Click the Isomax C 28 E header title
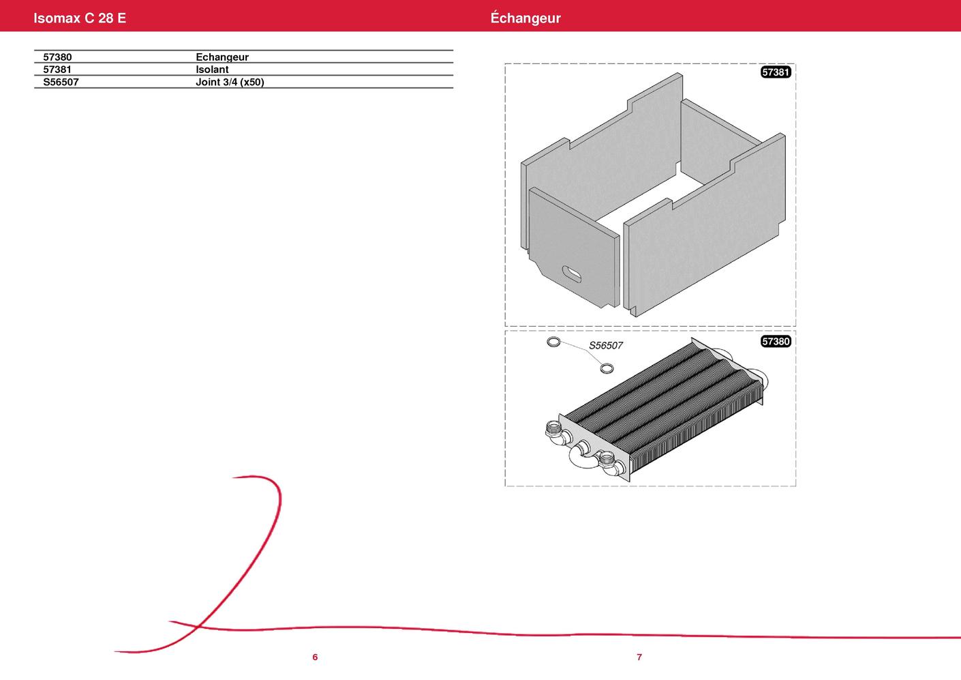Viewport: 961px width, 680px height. click(x=80, y=18)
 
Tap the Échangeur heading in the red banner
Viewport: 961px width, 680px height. click(x=525, y=18)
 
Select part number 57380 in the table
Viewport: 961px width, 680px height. click(x=57, y=57)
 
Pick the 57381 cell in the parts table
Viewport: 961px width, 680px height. click(x=57, y=70)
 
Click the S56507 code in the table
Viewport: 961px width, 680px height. click(x=61, y=82)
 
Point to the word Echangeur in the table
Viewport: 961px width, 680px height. click(x=222, y=57)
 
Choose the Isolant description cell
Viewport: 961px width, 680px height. click(x=212, y=70)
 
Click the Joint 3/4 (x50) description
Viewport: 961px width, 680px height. click(x=230, y=82)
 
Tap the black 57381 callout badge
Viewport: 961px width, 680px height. click(x=776, y=72)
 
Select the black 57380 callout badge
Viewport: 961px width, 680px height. click(x=776, y=341)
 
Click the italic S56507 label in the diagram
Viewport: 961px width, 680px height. click(x=605, y=346)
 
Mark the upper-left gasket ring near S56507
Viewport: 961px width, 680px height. click(x=553, y=342)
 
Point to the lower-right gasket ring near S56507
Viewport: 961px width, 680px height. click(x=607, y=368)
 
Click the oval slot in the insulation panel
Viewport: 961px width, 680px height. click(x=571, y=274)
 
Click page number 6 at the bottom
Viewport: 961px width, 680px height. click(x=315, y=657)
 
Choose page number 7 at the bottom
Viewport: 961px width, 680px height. click(x=639, y=657)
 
